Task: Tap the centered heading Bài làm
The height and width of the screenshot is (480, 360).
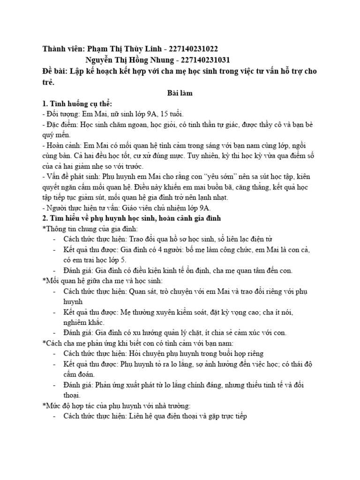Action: tap(180, 93)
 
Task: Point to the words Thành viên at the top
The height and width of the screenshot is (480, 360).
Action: tap(62, 49)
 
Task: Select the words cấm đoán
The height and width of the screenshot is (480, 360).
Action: tap(80, 375)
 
